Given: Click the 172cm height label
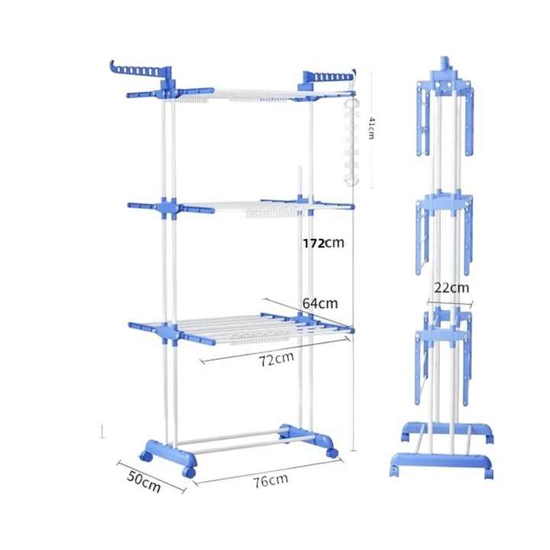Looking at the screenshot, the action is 323,243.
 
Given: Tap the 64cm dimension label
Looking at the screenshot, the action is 320,303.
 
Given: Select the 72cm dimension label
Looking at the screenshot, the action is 277,359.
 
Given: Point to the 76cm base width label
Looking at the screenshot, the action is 271,480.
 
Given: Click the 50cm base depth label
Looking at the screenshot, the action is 144,481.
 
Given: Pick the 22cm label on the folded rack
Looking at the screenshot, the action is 451,288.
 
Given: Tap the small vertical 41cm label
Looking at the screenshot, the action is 371,128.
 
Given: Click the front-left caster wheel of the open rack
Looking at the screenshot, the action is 189,472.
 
